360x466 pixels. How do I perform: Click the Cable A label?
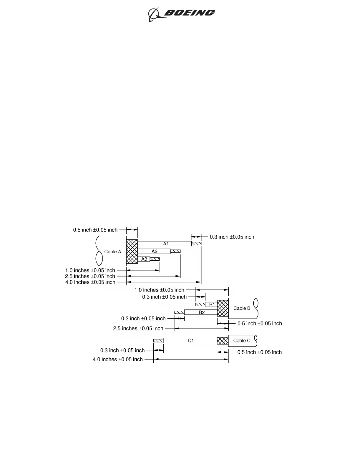tap(113, 252)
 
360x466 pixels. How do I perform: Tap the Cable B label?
tap(242, 308)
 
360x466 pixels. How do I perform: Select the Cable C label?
tap(242, 341)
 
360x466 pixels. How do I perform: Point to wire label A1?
tap(166, 244)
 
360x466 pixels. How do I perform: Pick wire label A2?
tap(155, 251)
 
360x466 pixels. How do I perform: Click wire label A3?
tap(144, 259)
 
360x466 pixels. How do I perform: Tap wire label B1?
tap(212, 304)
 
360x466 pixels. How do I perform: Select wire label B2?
tap(202, 312)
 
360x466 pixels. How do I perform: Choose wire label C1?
tap(191, 341)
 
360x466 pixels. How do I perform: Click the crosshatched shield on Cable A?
tap(132, 252)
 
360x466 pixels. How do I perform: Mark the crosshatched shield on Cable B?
tap(223, 308)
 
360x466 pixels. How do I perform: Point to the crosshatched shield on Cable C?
tap(223, 341)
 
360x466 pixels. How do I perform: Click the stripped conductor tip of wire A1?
tap(196, 244)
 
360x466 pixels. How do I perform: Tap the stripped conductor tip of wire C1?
tap(158, 341)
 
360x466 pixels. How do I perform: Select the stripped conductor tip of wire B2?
tap(179, 312)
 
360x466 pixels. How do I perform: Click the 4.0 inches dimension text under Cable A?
tap(90, 282)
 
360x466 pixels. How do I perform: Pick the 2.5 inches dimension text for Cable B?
tap(138, 328)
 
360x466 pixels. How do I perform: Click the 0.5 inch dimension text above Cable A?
tap(95, 230)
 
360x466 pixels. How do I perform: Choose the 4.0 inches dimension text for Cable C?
tap(118, 360)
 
